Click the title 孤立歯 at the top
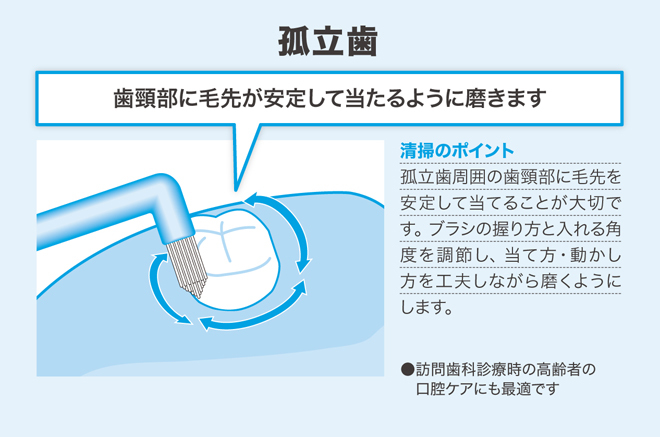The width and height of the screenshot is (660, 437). point(327,41)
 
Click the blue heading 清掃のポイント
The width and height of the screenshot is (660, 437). point(457,150)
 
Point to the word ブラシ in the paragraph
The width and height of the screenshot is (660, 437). point(451,229)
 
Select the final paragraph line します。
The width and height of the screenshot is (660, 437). point(426,307)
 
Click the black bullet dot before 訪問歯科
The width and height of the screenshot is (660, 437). point(407,370)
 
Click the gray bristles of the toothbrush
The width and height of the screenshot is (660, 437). point(188,266)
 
